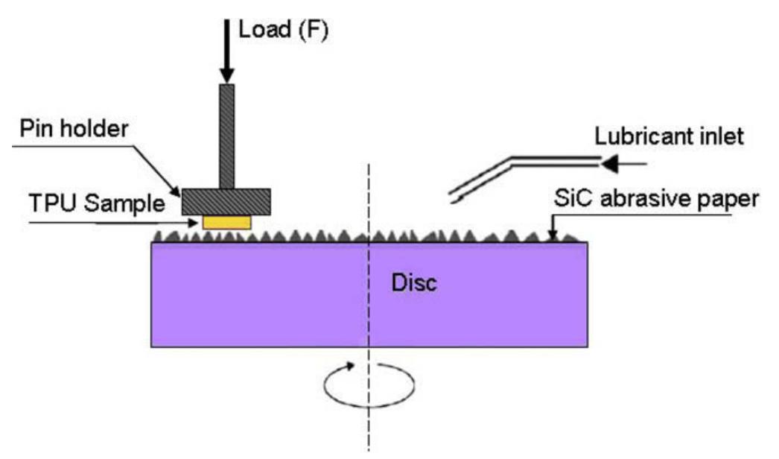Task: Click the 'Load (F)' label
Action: coord(283,31)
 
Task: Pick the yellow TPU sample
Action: coord(227,222)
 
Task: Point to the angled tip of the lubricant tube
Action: coord(456,197)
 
